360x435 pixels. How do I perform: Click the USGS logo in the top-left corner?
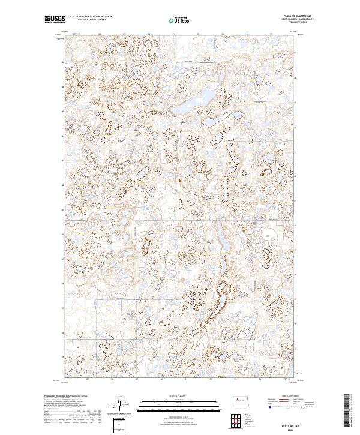tap(55, 19)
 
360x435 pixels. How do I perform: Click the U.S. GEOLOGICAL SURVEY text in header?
tap(88, 20)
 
